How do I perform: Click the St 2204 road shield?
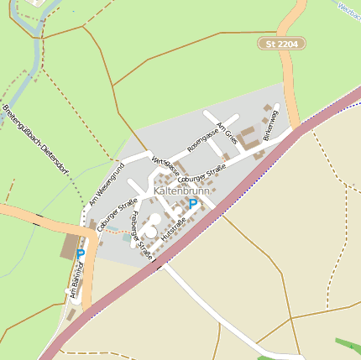[281, 43]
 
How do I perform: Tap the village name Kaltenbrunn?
[182, 191]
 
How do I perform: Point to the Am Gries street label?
[227, 134]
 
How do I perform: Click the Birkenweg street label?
[270, 128]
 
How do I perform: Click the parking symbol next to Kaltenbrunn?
[193, 204]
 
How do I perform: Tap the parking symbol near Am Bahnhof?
[81, 253]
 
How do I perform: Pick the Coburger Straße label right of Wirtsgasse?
[202, 180]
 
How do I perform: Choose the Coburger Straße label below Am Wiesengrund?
[116, 215]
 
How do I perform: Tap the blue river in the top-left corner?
[34, 50]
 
